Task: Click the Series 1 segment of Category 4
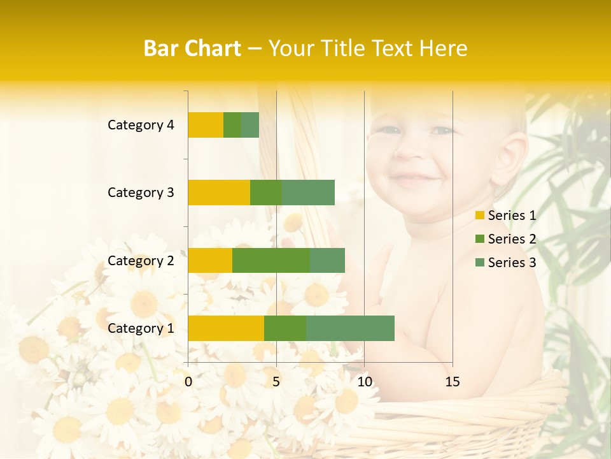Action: tap(206, 125)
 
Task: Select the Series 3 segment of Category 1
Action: tap(350, 328)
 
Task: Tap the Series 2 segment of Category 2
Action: tap(271, 260)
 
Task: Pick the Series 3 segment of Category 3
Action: tap(308, 193)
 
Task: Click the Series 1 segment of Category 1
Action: tap(226, 328)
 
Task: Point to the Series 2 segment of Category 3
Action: tap(266, 193)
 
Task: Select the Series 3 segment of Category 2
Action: tap(327, 260)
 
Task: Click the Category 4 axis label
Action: tap(141, 125)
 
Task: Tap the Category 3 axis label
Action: tap(141, 193)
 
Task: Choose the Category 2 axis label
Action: tap(141, 261)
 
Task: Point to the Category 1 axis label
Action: tap(141, 328)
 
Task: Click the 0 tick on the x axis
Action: tap(188, 382)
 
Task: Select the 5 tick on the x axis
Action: tap(276, 382)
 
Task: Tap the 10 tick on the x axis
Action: tap(364, 382)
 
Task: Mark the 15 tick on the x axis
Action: tap(452, 382)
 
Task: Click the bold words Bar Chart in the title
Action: tap(192, 48)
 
